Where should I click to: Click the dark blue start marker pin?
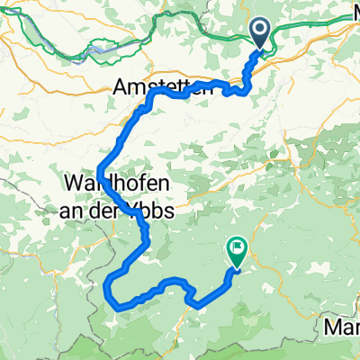(260, 34)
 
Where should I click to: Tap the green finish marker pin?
(238, 252)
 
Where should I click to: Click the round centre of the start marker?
(260, 31)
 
